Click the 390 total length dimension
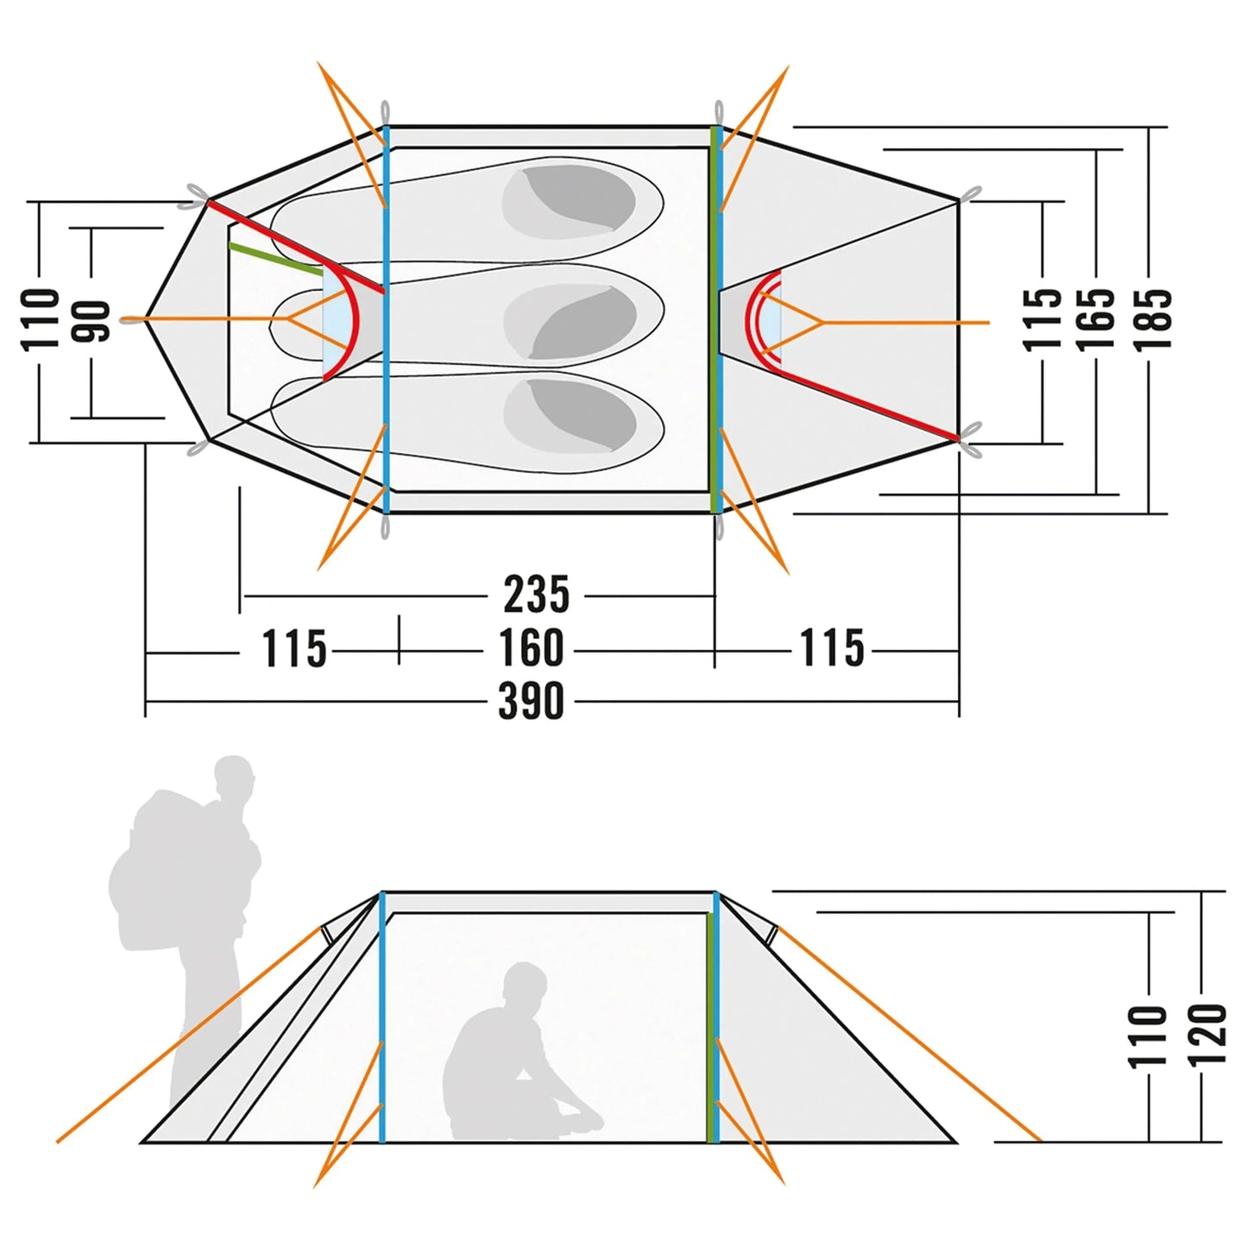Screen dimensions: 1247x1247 (532, 701)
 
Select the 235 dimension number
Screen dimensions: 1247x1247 (537, 595)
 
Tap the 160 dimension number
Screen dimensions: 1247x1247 (532, 648)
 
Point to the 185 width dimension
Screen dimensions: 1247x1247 (1154, 319)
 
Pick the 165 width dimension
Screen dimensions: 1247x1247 (1096, 319)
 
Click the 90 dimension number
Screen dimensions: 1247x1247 (91, 321)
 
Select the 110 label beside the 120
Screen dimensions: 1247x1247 (1149, 1035)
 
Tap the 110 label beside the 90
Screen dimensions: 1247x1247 (40, 319)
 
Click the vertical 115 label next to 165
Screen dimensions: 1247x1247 (1042, 319)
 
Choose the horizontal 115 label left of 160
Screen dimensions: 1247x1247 (294, 649)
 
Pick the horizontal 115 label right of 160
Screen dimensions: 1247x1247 (832, 648)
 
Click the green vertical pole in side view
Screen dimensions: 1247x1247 (712, 1027)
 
